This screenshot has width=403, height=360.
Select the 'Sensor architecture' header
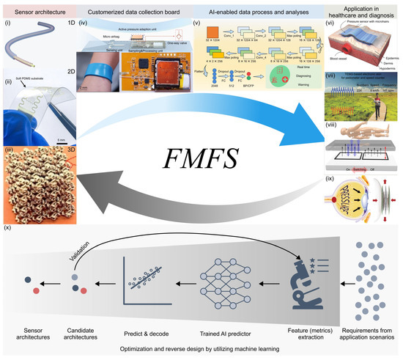pyautogui.click(x=37, y=12)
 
